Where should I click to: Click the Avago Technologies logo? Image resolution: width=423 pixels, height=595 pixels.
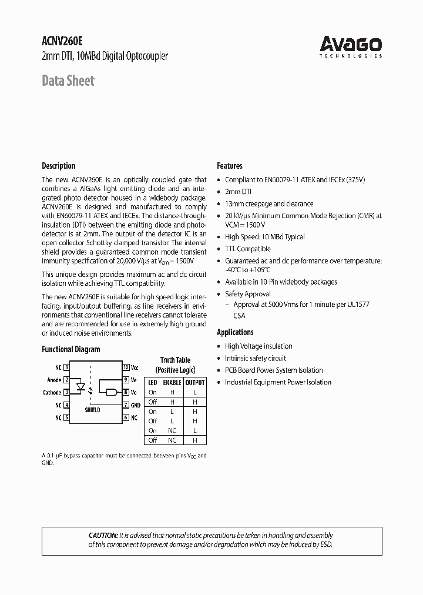click(351, 46)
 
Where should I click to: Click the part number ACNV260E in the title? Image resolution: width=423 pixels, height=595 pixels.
click(62, 42)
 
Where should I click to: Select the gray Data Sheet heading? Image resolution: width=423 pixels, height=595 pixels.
click(68, 81)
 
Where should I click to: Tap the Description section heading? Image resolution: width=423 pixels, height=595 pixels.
click(58, 166)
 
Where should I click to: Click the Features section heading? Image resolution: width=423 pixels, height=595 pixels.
click(230, 166)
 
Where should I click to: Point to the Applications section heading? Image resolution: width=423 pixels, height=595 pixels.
click(235, 332)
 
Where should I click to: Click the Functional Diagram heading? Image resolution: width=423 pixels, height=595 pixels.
click(70, 349)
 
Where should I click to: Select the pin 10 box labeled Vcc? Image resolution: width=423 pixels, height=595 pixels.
click(126, 367)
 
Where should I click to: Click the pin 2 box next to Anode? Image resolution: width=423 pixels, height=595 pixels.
click(66, 380)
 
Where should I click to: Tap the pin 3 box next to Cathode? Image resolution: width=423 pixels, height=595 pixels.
click(66, 392)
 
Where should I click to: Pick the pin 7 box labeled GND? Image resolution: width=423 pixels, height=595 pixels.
click(126, 405)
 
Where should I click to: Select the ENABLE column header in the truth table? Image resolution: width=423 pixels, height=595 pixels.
click(172, 382)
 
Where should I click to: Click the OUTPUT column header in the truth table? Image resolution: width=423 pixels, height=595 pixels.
click(194, 382)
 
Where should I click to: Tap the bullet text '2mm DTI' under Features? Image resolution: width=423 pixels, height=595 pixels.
click(239, 192)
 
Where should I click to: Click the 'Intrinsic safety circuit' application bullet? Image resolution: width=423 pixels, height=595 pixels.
click(255, 358)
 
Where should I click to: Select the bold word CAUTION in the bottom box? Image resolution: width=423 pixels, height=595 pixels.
click(103, 536)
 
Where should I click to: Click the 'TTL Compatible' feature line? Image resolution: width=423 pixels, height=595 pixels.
click(247, 249)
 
